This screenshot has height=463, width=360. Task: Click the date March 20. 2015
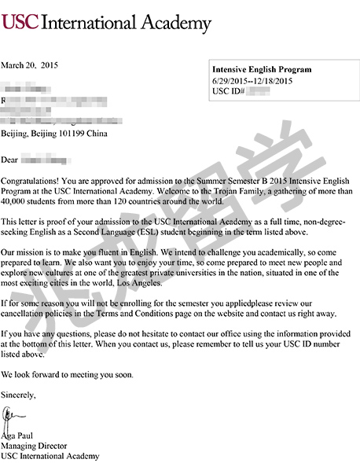(x=30, y=64)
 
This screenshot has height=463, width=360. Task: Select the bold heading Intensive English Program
(x=262, y=69)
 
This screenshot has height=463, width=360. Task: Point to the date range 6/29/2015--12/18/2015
(x=252, y=80)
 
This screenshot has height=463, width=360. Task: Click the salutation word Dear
(x=10, y=160)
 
